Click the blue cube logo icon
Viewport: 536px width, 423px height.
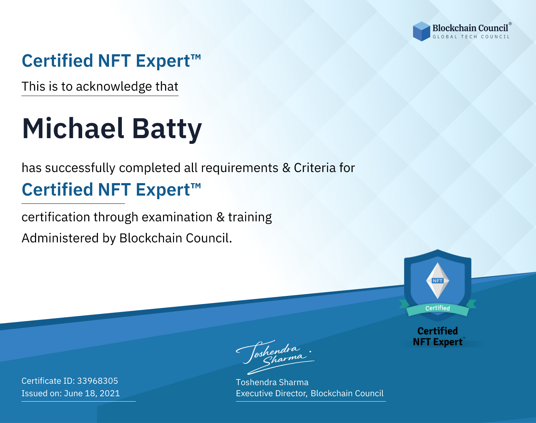(421, 31)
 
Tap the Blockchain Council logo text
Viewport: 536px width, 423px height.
(470, 28)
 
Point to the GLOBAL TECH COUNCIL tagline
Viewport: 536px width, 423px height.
(471, 37)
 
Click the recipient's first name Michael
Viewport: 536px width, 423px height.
(73, 129)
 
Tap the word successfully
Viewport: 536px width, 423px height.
(80, 168)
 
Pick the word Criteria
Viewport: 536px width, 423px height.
(314, 168)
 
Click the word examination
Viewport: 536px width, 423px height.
(177, 217)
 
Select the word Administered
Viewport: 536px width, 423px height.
(60, 238)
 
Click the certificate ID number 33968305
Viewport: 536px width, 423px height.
(98, 381)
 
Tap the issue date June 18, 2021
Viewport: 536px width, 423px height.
(92, 393)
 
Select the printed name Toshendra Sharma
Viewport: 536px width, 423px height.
(272, 382)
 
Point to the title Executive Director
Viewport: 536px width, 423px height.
(271, 393)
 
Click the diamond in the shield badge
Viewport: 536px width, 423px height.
(438, 281)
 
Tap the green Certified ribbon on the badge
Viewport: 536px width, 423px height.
(438, 308)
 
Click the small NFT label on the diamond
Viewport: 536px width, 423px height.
(438, 281)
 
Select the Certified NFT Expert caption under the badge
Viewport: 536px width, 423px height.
(438, 336)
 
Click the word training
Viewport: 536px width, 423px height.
(250, 217)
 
